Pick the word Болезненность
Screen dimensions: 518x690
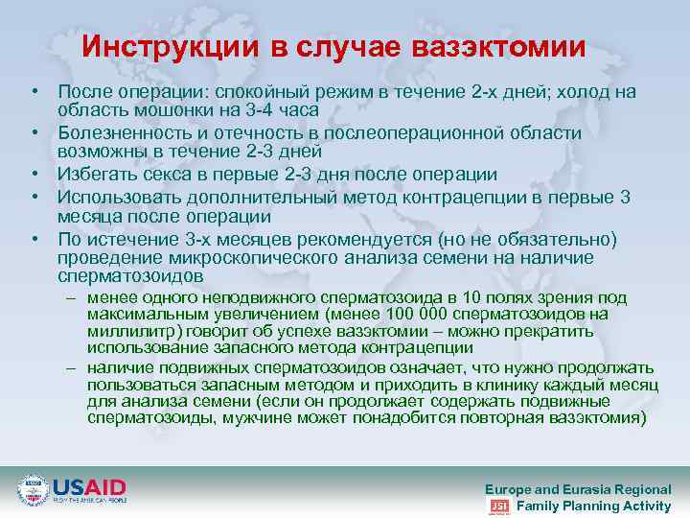click(119, 132)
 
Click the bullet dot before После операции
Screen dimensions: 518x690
click(33, 91)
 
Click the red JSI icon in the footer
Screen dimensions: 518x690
click(498, 506)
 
